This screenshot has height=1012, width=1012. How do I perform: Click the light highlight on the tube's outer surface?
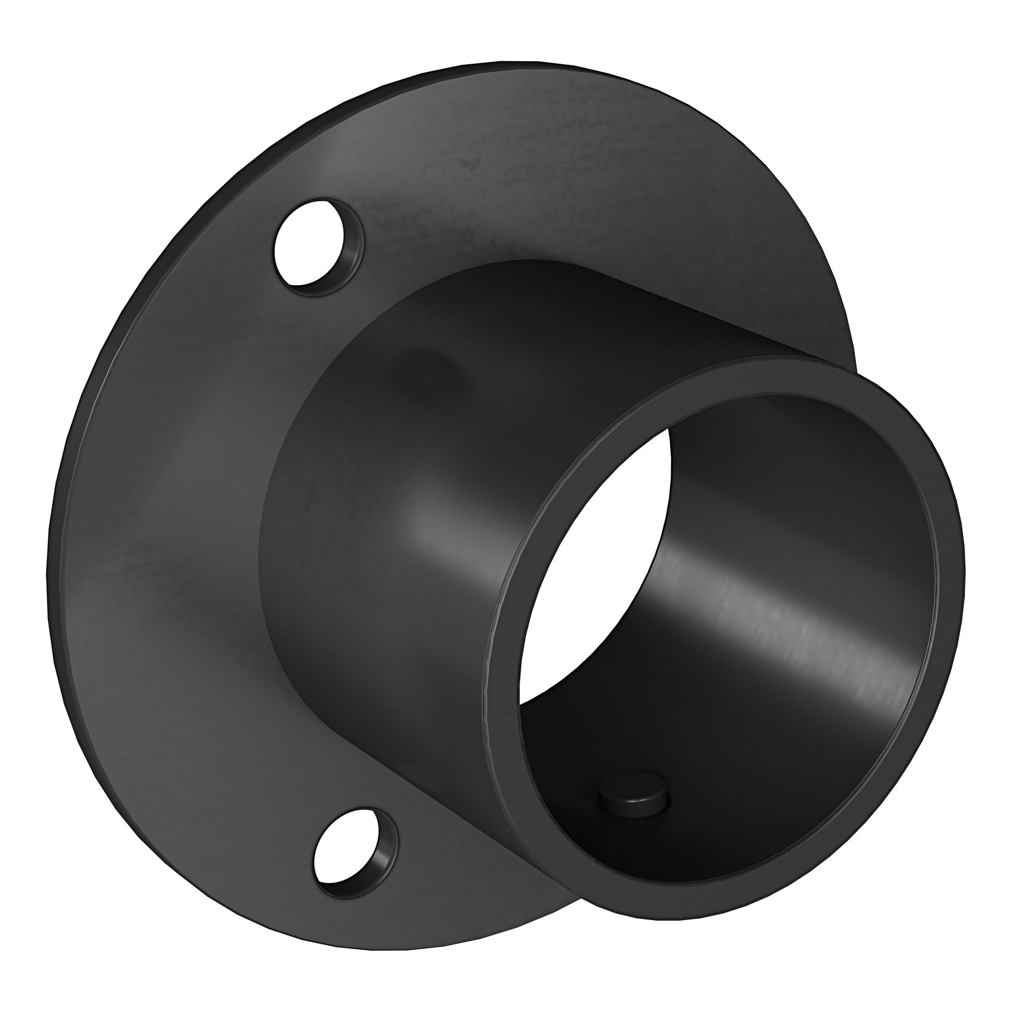[443, 532]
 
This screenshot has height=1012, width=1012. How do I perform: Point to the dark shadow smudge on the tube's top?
[422, 364]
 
